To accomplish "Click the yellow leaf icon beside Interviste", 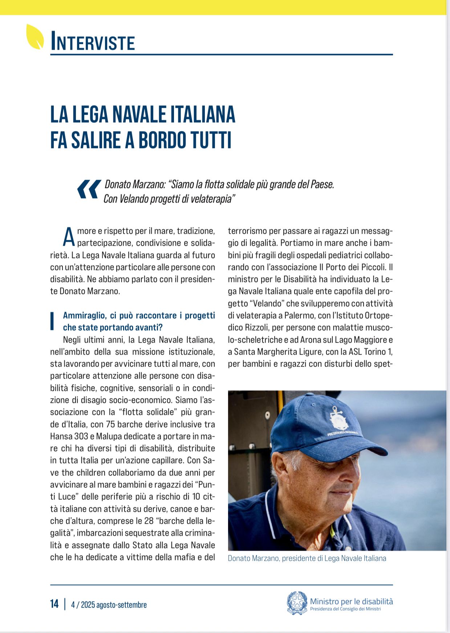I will pos(35,37).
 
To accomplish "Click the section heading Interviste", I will pos(93,41).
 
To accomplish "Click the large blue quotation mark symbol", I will pos(89,189).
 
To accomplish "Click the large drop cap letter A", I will pos(69,237).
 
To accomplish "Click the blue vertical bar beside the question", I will pos(52,321).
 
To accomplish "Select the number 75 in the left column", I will pos(110,424).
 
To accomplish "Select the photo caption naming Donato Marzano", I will pos(307,558).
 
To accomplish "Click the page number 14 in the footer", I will pos(54,604).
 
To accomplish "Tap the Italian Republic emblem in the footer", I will pos(297,603).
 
